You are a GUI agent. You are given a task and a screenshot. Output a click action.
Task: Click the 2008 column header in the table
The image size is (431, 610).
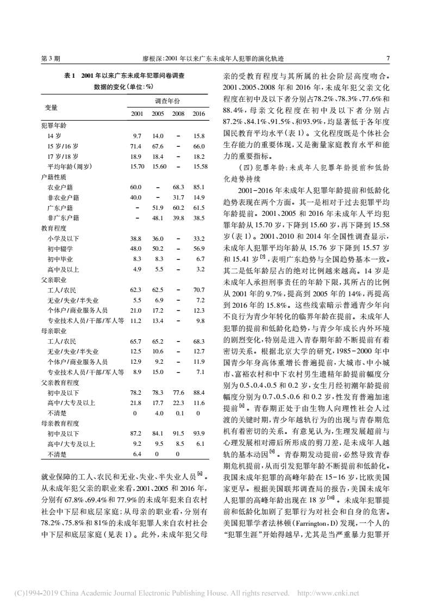coord(178,114)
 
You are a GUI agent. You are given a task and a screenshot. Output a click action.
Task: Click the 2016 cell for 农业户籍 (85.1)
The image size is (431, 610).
coord(198,187)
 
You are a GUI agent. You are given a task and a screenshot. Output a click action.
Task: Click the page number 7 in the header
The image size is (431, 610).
coord(387,58)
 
